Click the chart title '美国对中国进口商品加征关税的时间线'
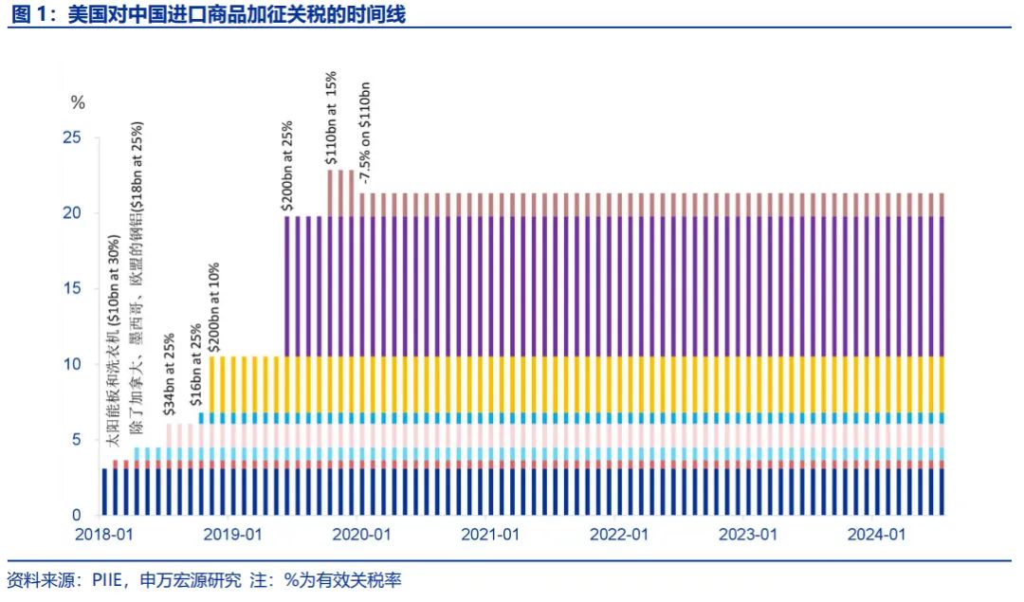pyautogui.click(x=237, y=13)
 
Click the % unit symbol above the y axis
pyautogui.click(x=78, y=102)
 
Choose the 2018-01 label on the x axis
pyautogui.click(x=104, y=535)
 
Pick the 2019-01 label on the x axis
pyautogui.click(x=232, y=535)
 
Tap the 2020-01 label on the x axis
pyautogui.click(x=361, y=535)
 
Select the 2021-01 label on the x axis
pyautogui.click(x=490, y=535)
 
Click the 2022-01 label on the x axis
pyautogui.click(x=619, y=535)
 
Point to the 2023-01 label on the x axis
pyautogui.click(x=748, y=535)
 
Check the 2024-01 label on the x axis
pyautogui.click(x=877, y=535)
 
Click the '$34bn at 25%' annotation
pyautogui.click(x=169, y=374)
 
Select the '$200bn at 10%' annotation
pyautogui.click(x=214, y=308)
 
